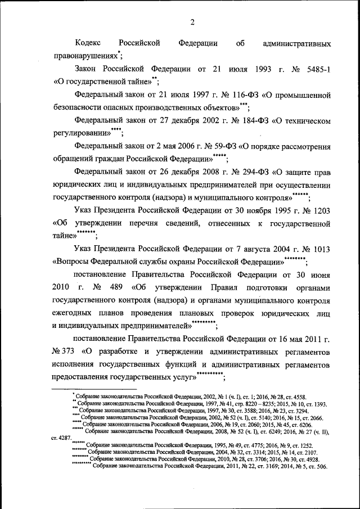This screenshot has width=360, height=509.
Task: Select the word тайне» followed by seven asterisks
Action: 64,237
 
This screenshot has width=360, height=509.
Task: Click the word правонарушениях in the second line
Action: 85,56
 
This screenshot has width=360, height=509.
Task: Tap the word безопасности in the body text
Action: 79,108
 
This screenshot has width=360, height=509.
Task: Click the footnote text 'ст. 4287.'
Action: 61,438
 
